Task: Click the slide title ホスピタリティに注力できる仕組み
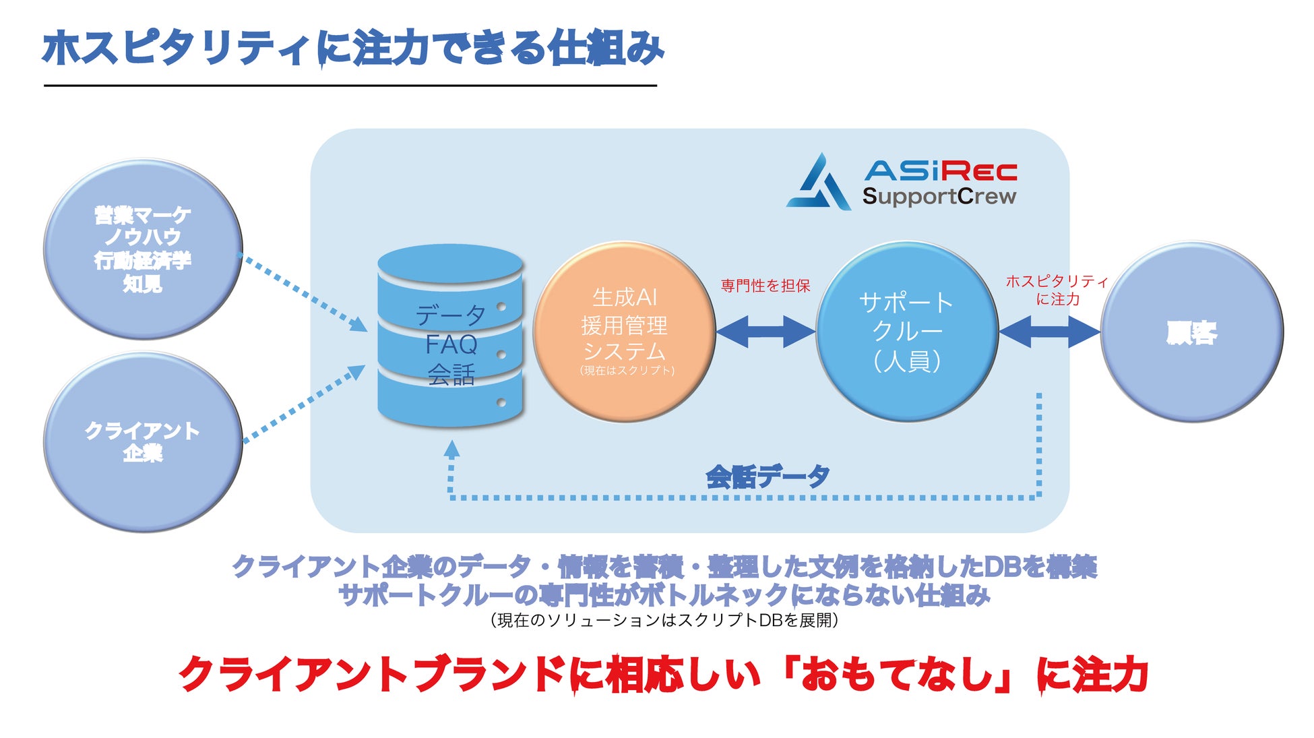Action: pyautogui.click(x=353, y=48)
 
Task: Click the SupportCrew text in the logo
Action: pyautogui.click(x=939, y=196)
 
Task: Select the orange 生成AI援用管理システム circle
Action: pyautogui.click(x=625, y=332)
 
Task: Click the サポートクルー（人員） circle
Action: pyautogui.click(x=907, y=332)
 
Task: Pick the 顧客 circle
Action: pyautogui.click(x=1191, y=332)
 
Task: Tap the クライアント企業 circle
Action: pyautogui.click(x=143, y=441)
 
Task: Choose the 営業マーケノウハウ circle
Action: pyautogui.click(x=143, y=249)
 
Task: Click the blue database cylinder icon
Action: pyautogui.click(x=450, y=336)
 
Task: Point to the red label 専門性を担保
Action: pyautogui.click(x=765, y=286)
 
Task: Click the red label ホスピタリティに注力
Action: pyautogui.click(x=1057, y=290)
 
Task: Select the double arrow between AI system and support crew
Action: pyautogui.click(x=765, y=332)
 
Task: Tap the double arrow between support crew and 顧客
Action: pyautogui.click(x=1049, y=332)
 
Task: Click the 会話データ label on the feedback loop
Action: pyautogui.click(x=768, y=476)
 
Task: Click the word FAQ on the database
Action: pyautogui.click(x=451, y=344)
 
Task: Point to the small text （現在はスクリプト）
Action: pyautogui.click(x=627, y=370)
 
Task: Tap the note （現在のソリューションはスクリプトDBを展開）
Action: pyautogui.click(x=664, y=619)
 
